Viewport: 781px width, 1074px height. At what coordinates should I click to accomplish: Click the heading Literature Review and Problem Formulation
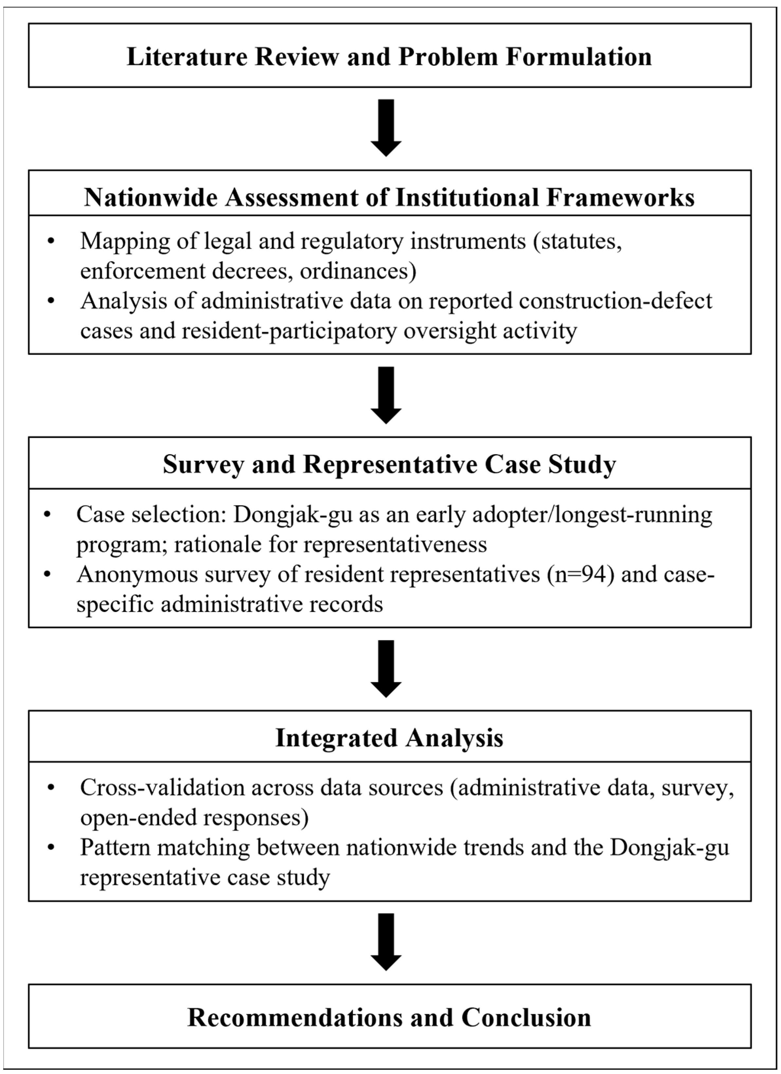pos(389,57)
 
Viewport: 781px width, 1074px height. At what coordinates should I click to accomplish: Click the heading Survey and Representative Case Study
pos(389,465)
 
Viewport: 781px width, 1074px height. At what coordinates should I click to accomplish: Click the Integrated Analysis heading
pos(389,738)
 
